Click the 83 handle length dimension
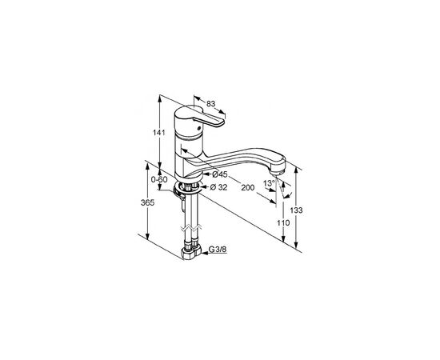point(210,103)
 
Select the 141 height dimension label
point(158,133)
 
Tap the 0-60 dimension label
point(159,179)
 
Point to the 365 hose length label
point(148,202)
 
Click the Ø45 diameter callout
point(220,174)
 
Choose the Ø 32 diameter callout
point(219,187)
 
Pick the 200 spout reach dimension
point(247,188)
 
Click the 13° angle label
point(269,183)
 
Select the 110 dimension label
point(283,223)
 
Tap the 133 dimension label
point(296,210)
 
